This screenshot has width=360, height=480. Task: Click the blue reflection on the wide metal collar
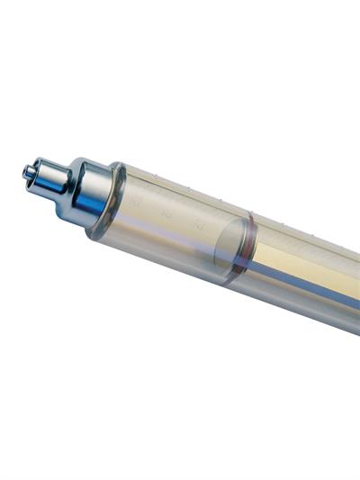[x=90, y=205]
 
